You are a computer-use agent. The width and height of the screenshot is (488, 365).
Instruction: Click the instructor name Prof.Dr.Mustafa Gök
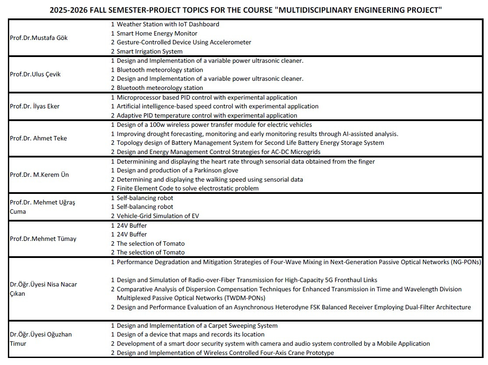pos(39,38)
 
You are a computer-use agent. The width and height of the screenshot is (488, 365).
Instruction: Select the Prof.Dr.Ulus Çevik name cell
pos(35,74)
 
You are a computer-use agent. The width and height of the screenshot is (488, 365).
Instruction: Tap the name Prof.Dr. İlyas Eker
pos(35,106)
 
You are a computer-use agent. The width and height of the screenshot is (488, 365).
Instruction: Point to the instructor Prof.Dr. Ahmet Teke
pos(38,138)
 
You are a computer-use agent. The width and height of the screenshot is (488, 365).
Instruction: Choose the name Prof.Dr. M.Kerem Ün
pos(39,175)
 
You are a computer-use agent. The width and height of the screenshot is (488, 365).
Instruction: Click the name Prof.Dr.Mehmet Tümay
pos(43,239)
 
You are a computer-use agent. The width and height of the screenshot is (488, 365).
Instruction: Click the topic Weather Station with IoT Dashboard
pos(168,24)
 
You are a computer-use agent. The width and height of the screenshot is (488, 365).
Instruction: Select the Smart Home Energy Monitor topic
pos(157,33)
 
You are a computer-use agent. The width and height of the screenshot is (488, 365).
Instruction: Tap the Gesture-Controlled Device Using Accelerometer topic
pos(184,42)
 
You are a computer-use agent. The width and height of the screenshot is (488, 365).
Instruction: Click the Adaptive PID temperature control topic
pos(207,115)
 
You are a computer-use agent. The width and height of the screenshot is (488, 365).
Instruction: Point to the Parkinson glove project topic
pos(177,170)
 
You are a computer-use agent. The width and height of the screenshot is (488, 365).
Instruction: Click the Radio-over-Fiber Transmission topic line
pos(247,280)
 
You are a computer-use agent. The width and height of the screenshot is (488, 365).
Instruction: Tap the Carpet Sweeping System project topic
pos(197,326)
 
